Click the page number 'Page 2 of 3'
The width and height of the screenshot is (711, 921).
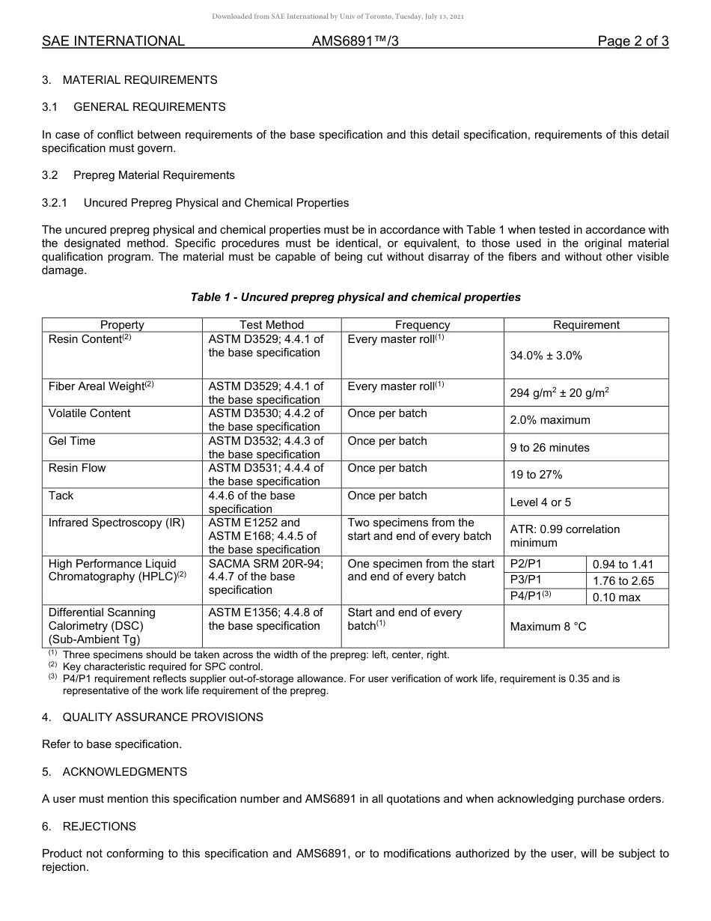632,41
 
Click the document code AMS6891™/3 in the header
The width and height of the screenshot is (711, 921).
355,41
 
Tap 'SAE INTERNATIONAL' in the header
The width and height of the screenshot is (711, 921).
113,41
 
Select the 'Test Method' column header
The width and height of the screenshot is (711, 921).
272,325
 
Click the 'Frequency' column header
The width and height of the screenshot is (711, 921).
422,325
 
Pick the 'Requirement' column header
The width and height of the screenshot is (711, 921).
586,325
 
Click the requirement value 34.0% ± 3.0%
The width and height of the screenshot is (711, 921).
546,356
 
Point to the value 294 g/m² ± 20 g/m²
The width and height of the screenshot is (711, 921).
559,392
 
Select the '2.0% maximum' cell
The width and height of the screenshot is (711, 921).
549,420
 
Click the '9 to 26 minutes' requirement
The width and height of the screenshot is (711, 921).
549,448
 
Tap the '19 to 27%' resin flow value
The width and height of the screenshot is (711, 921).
536,475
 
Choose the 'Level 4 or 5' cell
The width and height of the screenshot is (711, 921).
540,502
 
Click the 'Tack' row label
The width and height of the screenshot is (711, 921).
61,496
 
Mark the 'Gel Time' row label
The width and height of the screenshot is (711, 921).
72,441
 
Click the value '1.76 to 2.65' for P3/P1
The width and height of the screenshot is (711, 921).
623,581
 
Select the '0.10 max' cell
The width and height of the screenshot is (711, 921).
616,598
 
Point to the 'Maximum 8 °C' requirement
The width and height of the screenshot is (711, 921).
548,626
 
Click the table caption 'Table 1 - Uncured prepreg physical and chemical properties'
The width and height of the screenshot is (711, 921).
355,297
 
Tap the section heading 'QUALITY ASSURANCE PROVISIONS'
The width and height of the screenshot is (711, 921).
162,717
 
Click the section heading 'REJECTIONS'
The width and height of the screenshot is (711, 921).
99,827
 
